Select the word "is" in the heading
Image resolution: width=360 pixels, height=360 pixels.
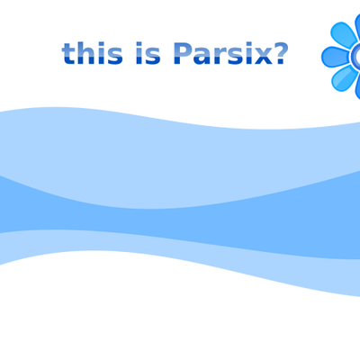click(148, 53)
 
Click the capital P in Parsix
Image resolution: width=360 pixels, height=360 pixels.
click(183, 53)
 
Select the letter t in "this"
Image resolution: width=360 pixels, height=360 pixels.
click(68, 54)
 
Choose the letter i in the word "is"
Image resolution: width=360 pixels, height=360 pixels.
click(139, 53)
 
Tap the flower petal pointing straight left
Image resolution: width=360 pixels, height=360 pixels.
click(336, 57)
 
